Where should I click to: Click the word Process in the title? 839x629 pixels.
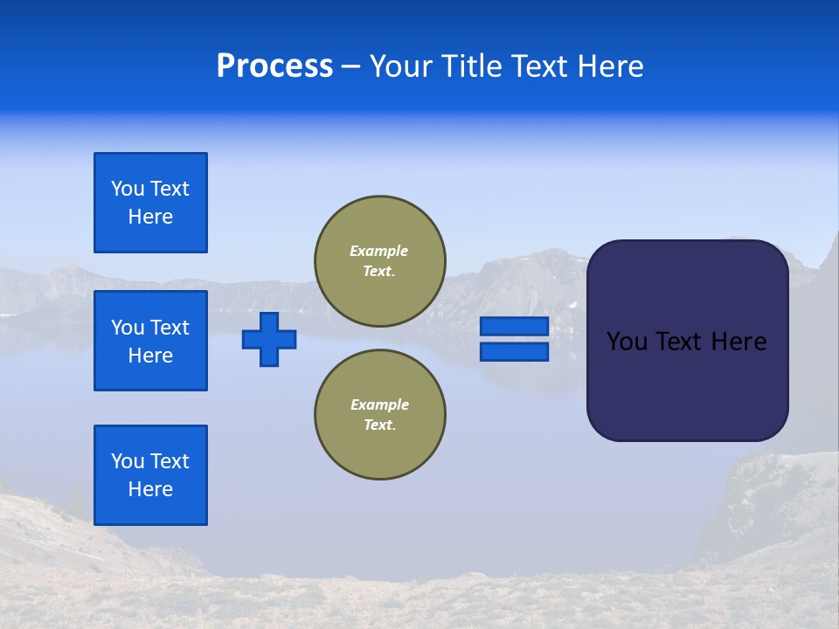(x=274, y=66)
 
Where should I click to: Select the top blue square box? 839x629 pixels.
(x=150, y=203)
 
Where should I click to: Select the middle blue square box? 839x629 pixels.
(x=150, y=341)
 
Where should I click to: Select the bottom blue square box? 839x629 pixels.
(x=150, y=475)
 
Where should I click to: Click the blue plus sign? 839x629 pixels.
(x=269, y=339)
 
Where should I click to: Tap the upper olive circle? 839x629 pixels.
(x=380, y=261)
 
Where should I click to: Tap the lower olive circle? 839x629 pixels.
(x=380, y=415)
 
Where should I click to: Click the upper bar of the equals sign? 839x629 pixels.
(x=514, y=326)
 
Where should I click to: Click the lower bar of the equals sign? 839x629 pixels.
(x=514, y=352)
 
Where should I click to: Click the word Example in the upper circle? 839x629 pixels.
(x=379, y=251)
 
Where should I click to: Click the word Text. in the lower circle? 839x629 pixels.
(x=380, y=425)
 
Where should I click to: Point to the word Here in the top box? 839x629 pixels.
(x=150, y=217)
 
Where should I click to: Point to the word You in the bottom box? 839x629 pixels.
(x=127, y=461)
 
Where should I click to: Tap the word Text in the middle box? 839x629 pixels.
(x=170, y=328)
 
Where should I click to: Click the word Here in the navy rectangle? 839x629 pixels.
(x=738, y=342)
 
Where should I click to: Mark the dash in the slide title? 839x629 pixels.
(x=350, y=67)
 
